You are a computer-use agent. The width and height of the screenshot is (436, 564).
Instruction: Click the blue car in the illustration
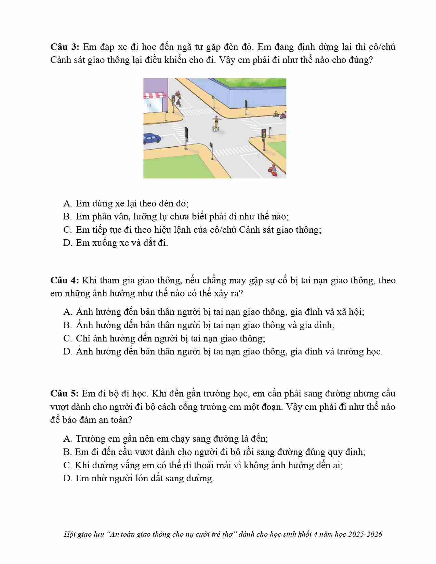tap(152, 138)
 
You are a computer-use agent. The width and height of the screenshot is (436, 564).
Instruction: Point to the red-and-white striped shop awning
tap(155, 95)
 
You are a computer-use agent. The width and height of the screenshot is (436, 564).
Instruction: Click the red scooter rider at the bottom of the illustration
tap(273, 170)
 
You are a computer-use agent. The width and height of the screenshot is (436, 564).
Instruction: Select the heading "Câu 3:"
tap(65, 47)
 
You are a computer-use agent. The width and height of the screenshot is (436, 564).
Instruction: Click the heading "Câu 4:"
tap(65, 281)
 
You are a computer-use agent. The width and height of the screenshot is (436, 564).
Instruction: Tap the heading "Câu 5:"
tap(65, 393)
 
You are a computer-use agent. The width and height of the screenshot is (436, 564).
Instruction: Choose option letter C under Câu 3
tap(67, 230)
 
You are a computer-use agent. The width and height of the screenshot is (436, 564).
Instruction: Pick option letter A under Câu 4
tap(67, 312)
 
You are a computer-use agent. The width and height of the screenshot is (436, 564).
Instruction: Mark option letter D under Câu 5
tap(67, 478)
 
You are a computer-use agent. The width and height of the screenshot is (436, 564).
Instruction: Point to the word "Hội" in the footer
tap(69, 534)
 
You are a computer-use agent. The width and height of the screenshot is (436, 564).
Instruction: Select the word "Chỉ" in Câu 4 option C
tap(82, 338)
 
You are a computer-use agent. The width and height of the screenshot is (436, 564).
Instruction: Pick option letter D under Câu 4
tap(67, 352)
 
